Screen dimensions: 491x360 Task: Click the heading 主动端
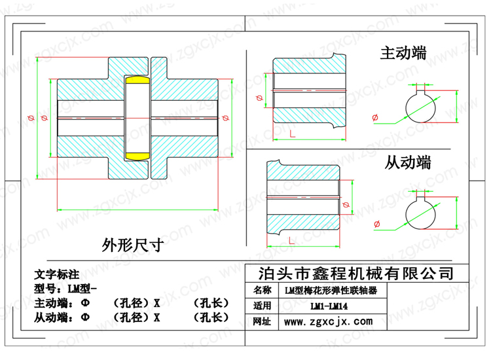pos(403,52)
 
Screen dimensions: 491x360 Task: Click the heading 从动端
pos(407,162)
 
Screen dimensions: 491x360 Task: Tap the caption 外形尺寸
pos(132,245)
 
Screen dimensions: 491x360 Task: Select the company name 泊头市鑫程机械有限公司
pos(356,274)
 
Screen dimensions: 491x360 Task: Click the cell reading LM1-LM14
pos(329,306)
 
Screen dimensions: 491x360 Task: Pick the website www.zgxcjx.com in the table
pos(329,321)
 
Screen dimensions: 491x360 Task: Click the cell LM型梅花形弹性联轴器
pos(331,291)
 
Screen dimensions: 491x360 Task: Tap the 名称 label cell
pos(262,290)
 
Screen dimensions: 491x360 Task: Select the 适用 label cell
pos(262,306)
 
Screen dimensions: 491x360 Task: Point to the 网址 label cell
pos(262,321)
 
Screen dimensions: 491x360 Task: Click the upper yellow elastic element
pos(137,80)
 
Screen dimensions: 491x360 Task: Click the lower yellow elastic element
pos(137,156)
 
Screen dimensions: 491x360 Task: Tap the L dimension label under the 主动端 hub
pos(292,134)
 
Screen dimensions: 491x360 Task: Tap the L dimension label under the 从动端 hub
pos(291,241)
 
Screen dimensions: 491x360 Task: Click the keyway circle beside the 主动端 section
pos(405,108)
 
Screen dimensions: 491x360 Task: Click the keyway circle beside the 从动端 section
pos(405,215)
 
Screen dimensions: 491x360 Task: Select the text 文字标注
pos(57,274)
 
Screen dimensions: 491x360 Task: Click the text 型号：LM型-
pos(65,288)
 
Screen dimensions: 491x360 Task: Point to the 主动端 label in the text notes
pos(51,303)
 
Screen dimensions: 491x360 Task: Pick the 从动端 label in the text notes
pos(51,317)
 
